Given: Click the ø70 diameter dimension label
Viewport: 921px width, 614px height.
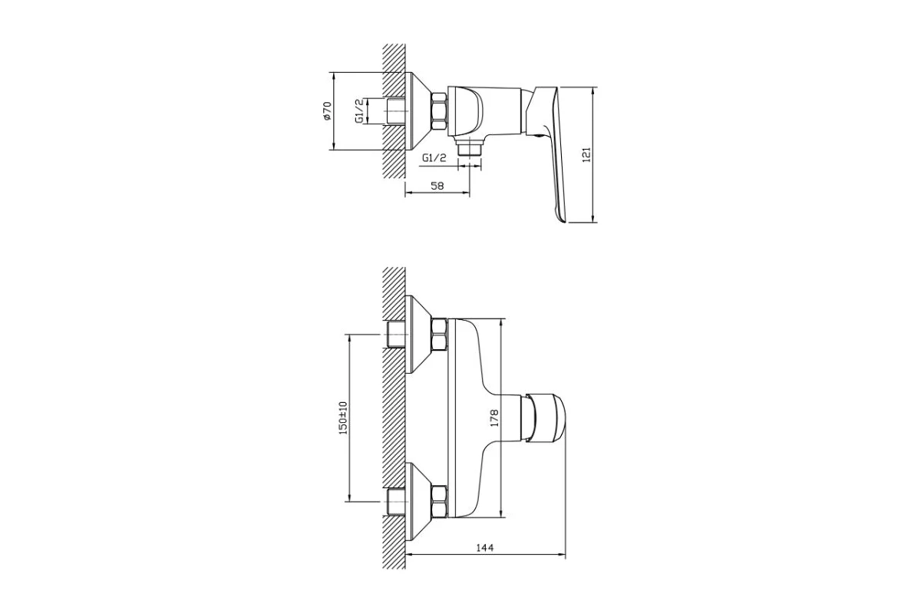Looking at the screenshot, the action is click(x=327, y=111).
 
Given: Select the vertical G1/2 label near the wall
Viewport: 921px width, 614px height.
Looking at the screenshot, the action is click(x=359, y=111).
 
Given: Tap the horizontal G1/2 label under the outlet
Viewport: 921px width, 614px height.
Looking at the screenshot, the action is click(x=434, y=158).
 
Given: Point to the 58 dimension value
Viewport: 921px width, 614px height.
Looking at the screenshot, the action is click(x=437, y=186).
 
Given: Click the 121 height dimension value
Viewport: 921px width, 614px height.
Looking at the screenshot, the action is click(x=586, y=154).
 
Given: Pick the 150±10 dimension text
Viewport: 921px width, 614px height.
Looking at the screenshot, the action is click(x=343, y=418).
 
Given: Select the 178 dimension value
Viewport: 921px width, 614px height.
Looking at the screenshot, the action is click(x=494, y=418).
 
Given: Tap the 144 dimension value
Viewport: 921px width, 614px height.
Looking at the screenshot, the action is click(x=485, y=548).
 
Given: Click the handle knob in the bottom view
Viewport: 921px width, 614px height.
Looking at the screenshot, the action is click(x=545, y=418).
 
